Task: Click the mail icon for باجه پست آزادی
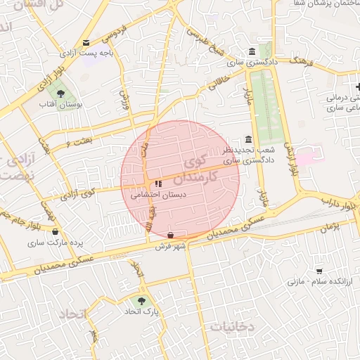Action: click(86, 42)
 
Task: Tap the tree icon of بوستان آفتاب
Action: click(60, 92)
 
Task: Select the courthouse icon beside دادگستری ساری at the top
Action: click(252, 51)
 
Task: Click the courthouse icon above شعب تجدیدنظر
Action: click(247, 139)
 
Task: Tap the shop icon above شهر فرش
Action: click(171, 234)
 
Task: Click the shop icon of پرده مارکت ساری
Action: click(56, 231)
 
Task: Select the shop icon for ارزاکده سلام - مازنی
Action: click(319, 271)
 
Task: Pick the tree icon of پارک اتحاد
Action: click(142, 300)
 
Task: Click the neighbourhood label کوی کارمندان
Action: click(207, 165)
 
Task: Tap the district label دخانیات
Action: click(231, 326)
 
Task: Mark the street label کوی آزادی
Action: click(78, 193)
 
